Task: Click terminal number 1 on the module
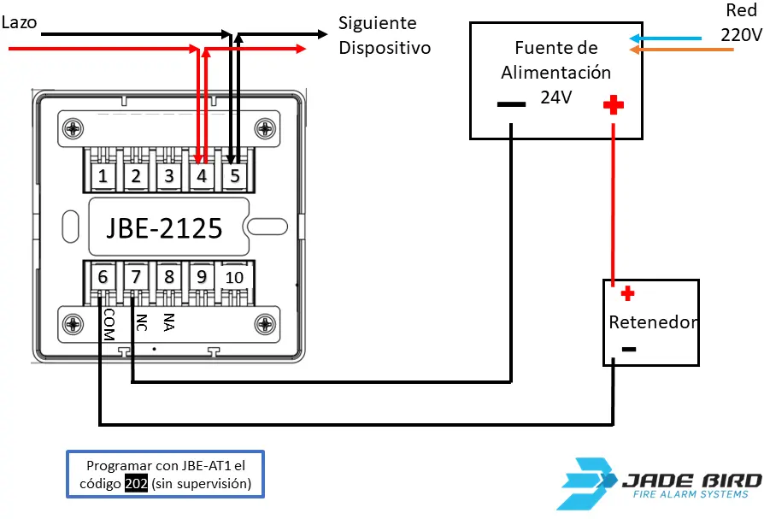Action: (103, 177)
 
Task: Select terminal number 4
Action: (202, 177)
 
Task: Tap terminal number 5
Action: (234, 177)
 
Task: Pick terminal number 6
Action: (103, 277)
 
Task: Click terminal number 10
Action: (234, 277)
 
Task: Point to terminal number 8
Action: (169, 277)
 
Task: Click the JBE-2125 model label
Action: (164, 228)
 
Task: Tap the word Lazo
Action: (19, 22)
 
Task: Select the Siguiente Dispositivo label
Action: (384, 35)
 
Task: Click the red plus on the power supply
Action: (613, 105)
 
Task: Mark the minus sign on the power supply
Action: (511, 105)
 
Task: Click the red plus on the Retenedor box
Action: (627, 294)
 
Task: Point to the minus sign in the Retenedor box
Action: (628, 349)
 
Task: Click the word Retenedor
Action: (653, 322)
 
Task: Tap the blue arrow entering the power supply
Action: (665, 38)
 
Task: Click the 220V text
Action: (740, 35)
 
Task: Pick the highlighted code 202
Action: (136, 483)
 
